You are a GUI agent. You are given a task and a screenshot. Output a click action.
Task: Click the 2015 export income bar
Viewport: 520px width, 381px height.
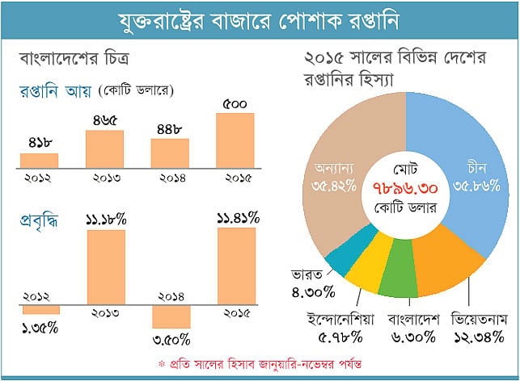pyautogui.click(x=235, y=140)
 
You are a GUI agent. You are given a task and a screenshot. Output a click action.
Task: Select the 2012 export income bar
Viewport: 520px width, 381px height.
pyautogui.click(x=39, y=161)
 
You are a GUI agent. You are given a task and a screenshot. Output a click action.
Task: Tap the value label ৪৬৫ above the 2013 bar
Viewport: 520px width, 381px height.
pyautogui.click(x=105, y=120)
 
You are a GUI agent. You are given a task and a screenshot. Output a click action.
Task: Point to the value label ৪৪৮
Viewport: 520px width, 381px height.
pyautogui.click(x=170, y=129)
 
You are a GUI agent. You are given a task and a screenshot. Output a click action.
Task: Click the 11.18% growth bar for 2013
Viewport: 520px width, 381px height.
pyautogui.click(x=106, y=267)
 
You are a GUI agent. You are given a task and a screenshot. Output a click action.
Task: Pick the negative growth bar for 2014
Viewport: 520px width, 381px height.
pyautogui.click(x=171, y=316)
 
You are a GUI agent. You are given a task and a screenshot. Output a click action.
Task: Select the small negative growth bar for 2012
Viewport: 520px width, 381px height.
pyautogui.click(x=41, y=310)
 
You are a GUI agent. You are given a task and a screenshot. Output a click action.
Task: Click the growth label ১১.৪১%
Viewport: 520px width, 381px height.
pyautogui.click(x=238, y=219)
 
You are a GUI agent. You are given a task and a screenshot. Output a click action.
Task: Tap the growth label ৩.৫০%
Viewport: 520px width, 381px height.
pyautogui.click(x=171, y=340)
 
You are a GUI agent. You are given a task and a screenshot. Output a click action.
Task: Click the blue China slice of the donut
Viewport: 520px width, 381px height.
pyautogui.click(x=471, y=149)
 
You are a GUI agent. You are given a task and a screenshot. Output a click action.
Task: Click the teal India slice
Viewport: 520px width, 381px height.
pyautogui.click(x=349, y=252)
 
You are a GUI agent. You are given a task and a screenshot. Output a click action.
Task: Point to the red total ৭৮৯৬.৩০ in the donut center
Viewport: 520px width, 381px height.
pyautogui.click(x=405, y=189)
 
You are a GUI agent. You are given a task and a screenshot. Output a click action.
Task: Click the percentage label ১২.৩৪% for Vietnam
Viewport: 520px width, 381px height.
pyautogui.click(x=479, y=337)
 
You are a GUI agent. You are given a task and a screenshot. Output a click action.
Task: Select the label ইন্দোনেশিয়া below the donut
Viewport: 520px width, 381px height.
pyautogui.click(x=340, y=319)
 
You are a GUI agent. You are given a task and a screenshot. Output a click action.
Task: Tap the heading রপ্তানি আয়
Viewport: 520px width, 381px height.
pyautogui.click(x=55, y=91)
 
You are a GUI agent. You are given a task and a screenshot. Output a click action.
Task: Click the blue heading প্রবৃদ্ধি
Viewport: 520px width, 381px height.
pyautogui.click(x=39, y=222)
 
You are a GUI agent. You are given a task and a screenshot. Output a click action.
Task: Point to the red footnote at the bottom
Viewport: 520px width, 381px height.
pyautogui.click(x=260, y=364)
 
